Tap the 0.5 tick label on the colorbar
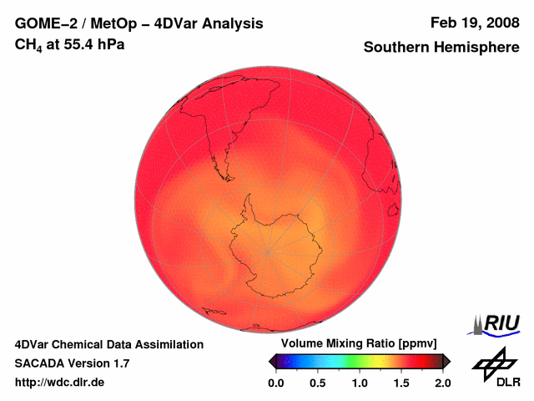(318, 383)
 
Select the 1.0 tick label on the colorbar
(360, 383)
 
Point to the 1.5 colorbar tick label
(401, 383)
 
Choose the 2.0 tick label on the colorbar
(443, 383)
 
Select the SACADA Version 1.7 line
(72, 363)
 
